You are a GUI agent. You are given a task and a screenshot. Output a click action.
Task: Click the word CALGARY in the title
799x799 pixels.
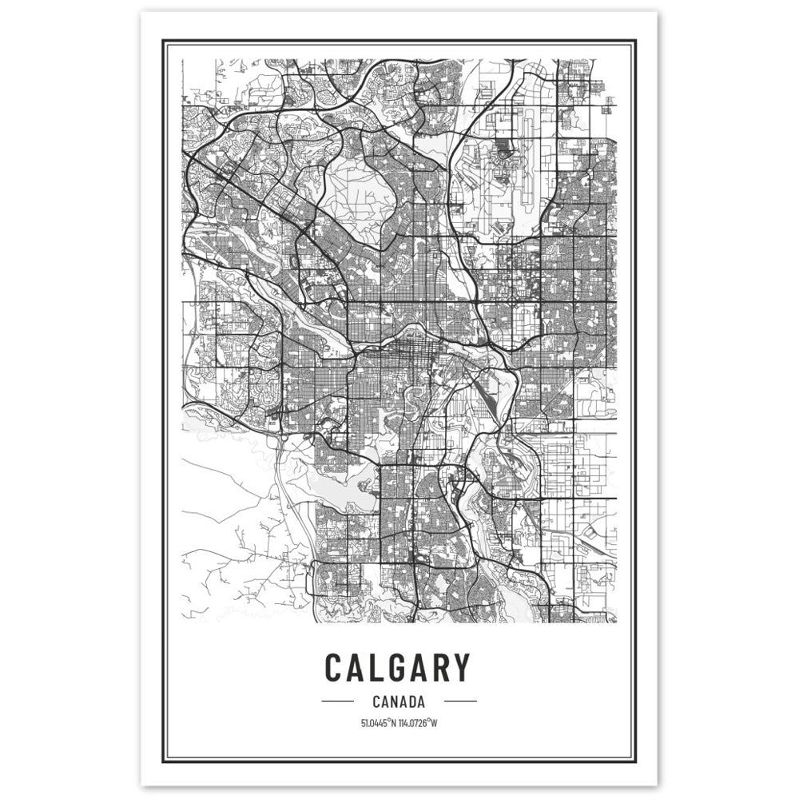coord(397,668)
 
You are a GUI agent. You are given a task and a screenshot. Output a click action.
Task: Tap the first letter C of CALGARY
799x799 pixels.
coord(336,668)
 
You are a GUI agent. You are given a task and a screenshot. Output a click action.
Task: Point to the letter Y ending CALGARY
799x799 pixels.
coord(459,668)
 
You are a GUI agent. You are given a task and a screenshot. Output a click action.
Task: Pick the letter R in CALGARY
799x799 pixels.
coord(439,668)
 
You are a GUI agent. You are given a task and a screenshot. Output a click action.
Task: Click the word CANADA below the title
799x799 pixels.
coord(397,702)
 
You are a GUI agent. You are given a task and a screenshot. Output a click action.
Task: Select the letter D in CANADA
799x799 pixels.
coord(409,702)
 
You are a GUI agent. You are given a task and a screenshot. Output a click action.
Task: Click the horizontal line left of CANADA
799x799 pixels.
coord(336,702)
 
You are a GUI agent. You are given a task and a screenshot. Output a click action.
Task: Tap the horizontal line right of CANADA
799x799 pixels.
coord(459,702)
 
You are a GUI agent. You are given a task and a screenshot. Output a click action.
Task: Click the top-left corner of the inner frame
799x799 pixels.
coord(165,40)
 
